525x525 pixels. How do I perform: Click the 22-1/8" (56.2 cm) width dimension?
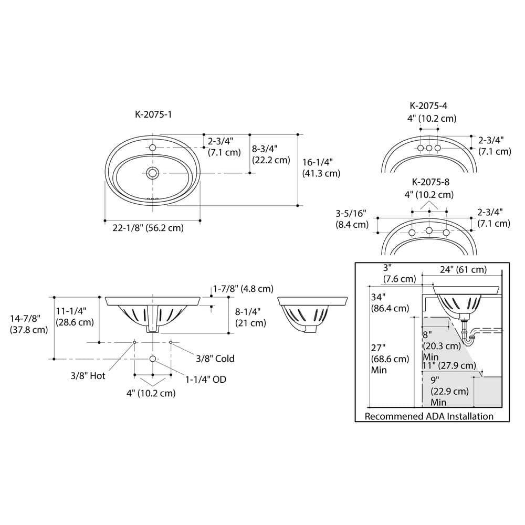149,228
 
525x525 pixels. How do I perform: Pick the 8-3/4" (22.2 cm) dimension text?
271,154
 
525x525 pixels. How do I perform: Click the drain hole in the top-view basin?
153,173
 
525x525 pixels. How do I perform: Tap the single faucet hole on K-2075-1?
153,148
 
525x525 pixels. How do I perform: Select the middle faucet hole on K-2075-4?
429,149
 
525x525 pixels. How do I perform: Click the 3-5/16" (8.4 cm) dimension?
352,219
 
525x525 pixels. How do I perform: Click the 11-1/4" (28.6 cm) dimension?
75,317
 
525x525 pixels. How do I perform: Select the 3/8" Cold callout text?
215,359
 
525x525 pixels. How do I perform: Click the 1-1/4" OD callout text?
205,379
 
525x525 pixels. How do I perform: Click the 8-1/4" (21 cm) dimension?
250,317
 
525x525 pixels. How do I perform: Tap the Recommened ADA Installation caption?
429,416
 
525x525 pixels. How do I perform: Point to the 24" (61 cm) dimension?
463,270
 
